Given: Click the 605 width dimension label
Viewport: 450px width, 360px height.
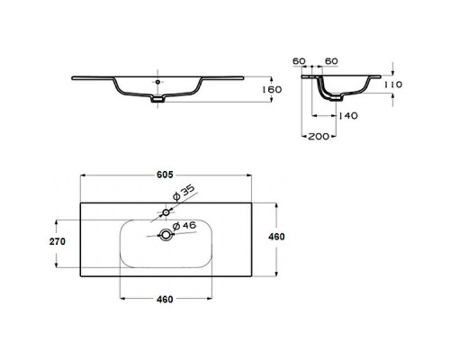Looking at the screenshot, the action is coord(165,175).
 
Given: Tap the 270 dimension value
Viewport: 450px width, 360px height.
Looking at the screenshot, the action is coord(57,241).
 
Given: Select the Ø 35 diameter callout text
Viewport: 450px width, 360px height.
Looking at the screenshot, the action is coord(184,193).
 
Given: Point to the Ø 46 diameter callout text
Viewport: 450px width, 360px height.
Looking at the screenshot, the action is coord(184,225).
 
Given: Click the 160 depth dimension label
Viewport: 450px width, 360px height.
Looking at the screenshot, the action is coord(272,89).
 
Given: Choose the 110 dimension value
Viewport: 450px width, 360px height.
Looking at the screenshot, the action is coord(393,85).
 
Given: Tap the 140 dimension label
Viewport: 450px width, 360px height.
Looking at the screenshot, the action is coord(348,115).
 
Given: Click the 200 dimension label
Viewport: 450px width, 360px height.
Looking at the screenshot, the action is coord(319,136).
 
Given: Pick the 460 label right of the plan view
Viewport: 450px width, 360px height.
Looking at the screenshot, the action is coord(276,237).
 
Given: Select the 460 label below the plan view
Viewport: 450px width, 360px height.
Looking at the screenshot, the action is coord(165,299).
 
